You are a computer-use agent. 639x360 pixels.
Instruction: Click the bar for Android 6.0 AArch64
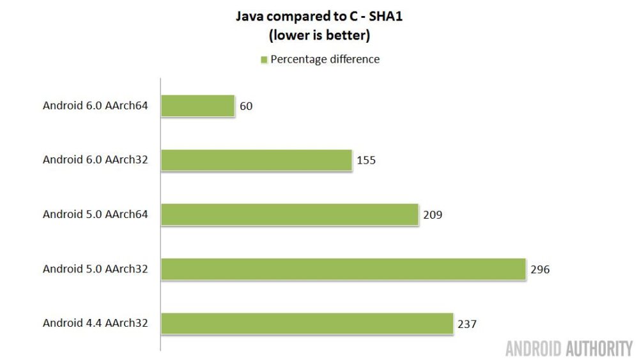[x=197, y=106]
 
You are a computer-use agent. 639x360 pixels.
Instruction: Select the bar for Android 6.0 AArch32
[x=256, y=160]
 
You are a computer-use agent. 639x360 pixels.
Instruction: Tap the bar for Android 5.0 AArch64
[x=289, y=214]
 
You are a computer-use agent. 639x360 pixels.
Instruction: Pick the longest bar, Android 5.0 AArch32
[x=343, y=269]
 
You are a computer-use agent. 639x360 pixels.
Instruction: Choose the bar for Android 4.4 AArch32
[x=307, y=324]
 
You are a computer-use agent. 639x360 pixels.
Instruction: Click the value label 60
[x=246, y=106]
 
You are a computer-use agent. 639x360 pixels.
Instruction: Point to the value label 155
[x=366, y=160]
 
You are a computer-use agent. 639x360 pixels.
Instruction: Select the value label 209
[x=433, y=215]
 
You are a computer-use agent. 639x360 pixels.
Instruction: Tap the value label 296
[x=540, y=269]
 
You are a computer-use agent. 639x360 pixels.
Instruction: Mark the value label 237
[x=467, y=324]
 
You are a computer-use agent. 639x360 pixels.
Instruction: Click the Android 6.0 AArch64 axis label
[x=95, y=106]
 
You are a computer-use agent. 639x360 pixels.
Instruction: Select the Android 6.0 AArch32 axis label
[x=95, y=160]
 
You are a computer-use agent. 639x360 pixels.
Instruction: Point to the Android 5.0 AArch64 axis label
[x=95, y=214]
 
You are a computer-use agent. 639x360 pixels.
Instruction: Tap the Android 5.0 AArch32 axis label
[x=95, y=269]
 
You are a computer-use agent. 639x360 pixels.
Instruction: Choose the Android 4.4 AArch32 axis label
[x=95, y=323]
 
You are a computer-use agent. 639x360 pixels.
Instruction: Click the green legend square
[x=263, y=60]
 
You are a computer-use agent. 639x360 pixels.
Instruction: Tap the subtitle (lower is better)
[x=319, y=36]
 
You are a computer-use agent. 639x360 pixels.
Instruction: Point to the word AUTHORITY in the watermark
[x=599, y=348]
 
